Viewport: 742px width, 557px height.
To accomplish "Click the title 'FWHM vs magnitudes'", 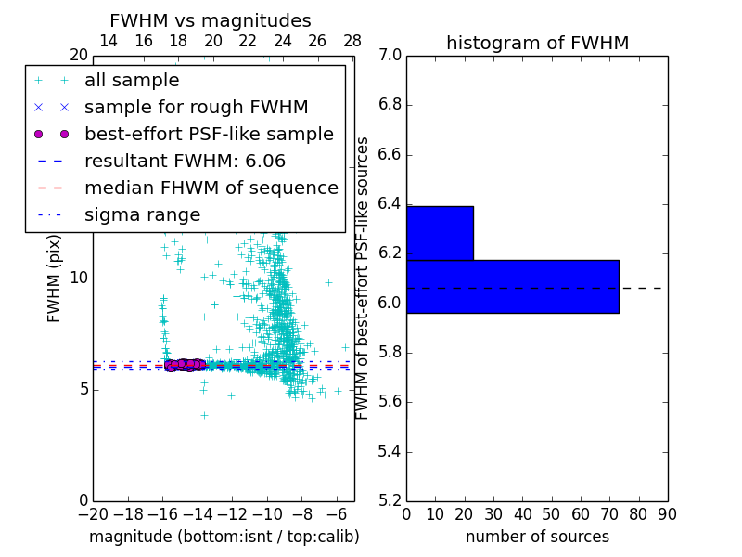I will pyautogui.click(x=210, y=20).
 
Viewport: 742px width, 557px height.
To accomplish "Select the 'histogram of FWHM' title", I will pyautogui.click(x=537, y=43).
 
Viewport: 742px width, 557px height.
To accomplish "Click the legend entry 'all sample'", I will pyautogui.click(x=132, y=81).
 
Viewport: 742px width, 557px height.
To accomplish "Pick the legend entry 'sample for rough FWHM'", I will pyautogui.click(x=196, y=108).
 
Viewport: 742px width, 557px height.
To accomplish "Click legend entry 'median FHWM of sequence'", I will pyautogui.click(x=211, y=188).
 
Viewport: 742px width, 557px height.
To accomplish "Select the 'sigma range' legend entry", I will pyautogui.click(x=142, y=215).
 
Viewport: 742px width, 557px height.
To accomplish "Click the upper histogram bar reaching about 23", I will pyautogui.click(x=440, y=233).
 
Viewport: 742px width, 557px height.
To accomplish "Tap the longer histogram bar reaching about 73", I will pyautogui.click(x=512, y=287).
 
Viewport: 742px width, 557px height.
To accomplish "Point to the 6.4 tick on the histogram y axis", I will pyautogui.click(x=390, y=203).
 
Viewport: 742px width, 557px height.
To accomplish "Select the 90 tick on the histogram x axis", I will pyautogui.click(x=667, y=513).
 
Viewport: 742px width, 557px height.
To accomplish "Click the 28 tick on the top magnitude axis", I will pyautogui.click(x=352, y=41).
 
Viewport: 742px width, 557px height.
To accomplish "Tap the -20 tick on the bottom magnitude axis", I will pyautogui.click(x=93, y=513).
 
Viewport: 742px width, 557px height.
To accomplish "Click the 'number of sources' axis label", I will pyautogui.click(x=537, y=537).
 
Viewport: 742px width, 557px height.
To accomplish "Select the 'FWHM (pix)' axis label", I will pyautogui.click(x=55, y=278).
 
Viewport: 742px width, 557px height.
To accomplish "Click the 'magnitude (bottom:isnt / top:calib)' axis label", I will pyautogui.click(x=224, y=537).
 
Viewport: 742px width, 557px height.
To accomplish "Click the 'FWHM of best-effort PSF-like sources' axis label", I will pyautogui.click(x=363, y=278).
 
